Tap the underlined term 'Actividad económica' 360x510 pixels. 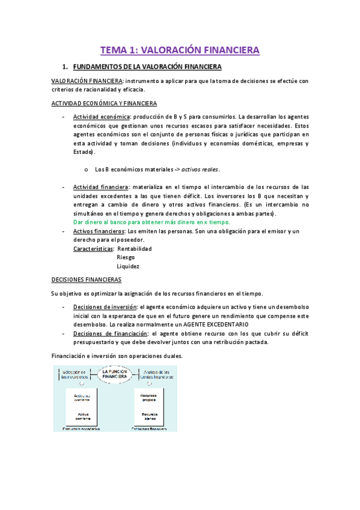[97, 116]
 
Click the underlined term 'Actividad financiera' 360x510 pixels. [99, 187]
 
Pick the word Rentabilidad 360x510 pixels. [135, 248]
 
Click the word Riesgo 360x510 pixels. [126, 257]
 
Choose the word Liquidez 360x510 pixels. [128, 266]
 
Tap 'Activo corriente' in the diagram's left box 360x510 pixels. [83, 417]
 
